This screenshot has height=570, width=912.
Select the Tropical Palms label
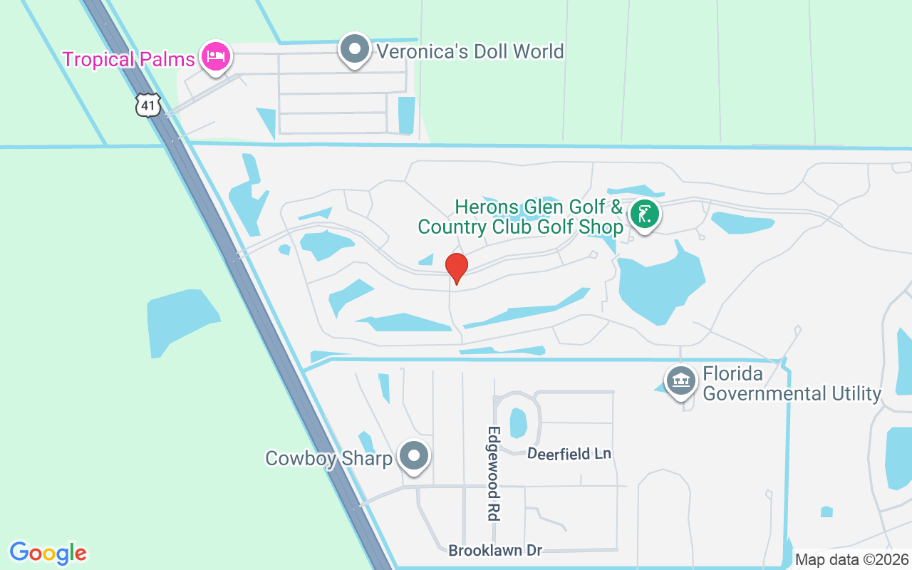coord(128,58)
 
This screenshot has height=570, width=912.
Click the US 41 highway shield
coord(147,106)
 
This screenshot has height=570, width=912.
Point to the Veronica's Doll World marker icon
coord(354,49)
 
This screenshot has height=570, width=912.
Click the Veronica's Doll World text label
coord(470,51)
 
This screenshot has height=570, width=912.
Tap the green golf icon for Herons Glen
coord(645,214)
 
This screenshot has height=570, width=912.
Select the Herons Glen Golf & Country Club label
coord(539,217)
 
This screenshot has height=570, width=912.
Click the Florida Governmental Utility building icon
coord(680,380)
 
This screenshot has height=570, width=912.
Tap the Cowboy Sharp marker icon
coord(413,456)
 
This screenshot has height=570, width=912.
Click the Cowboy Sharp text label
coord(328,458)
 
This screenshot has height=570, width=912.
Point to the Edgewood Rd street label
coord(493,473)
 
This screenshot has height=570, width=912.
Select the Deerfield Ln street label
coord(569,453)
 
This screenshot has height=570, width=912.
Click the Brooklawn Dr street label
coord(495,550)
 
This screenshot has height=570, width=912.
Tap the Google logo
coord(48,553)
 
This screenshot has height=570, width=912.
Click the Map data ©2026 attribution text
coord(852,559)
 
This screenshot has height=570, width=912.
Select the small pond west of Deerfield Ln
coord(518,423)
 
